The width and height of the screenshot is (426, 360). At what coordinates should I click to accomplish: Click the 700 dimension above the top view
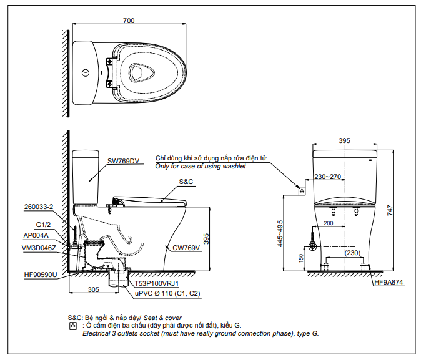[129, 21]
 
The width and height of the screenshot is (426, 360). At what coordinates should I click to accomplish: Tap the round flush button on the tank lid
[86, 73]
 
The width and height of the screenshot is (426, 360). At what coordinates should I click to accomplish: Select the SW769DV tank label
[123, 161]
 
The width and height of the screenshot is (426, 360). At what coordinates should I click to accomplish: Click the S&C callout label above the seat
[186, 182]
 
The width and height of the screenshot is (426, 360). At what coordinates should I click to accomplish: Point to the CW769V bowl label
[186, 248]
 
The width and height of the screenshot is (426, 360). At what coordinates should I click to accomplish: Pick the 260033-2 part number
[39, 207]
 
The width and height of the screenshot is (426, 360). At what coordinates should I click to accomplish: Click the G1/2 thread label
[43, 225]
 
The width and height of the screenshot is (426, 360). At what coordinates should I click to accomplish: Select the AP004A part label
[36, 235]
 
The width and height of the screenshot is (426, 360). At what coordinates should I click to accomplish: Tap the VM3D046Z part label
[39, 248]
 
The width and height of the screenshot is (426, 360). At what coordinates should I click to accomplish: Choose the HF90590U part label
[41, 275]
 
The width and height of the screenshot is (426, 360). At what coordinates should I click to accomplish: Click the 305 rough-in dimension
[94, 289]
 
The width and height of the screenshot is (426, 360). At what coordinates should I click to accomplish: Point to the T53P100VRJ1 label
[157, 283]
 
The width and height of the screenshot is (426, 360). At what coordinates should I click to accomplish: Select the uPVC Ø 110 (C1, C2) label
[167, 293]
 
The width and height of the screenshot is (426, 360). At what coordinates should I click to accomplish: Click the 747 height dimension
[390, 210]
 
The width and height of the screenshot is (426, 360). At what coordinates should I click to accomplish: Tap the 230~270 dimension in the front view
[327, 177]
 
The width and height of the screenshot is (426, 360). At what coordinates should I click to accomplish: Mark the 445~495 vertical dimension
[280, 233]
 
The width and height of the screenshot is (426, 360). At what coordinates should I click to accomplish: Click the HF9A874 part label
[389, 282]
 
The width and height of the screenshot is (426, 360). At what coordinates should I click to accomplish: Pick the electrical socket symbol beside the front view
[302, 192]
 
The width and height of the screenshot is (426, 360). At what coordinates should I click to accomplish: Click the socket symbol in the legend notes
[72, 326]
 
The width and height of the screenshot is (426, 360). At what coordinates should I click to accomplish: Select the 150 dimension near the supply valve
[300, 258]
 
